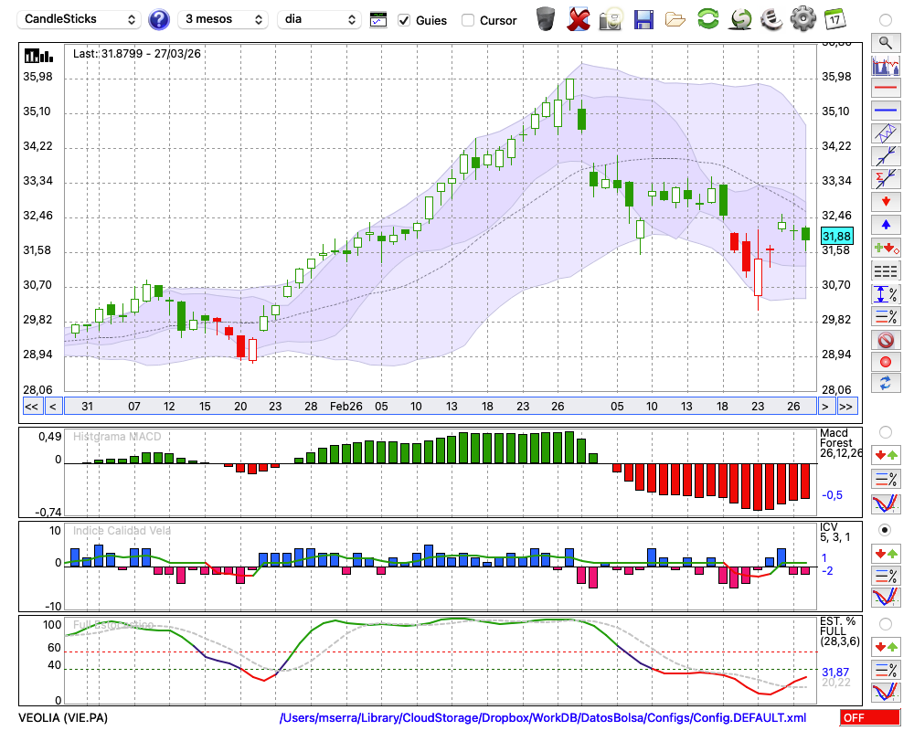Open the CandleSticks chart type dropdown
pyautogui.click(x=80, y=19)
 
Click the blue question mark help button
pyautogui.click(x=159, y=19)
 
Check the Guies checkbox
pyautogui.click(x=405, y=20)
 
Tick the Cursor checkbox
pyautogui.click(x=468, y=20)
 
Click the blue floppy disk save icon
pyautogui.click(x=643, y=18)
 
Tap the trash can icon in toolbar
pyautogui.click(x=546, y=18)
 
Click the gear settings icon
pyautogui.click(x=802, y=18)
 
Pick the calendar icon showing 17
pyautogui.click(x=834, y=18)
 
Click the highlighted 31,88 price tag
pyautogui.click(x=835, y=236)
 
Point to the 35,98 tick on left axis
pyautogui.click(x=38, y=78)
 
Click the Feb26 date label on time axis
pyautogui.click(x=346, y=406)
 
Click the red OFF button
pyautogui.click(x=869, y=718)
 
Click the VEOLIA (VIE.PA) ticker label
pyautogui.click(x=63, y=718)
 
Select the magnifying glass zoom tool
pyautogui.click(x=885, y=42)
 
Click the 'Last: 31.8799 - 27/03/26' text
pyautogui.click(x=137, y=54)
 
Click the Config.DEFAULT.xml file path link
pyautogui.click(x=543, y=718)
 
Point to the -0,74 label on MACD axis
pyautogui.click(x=48, y=513)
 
